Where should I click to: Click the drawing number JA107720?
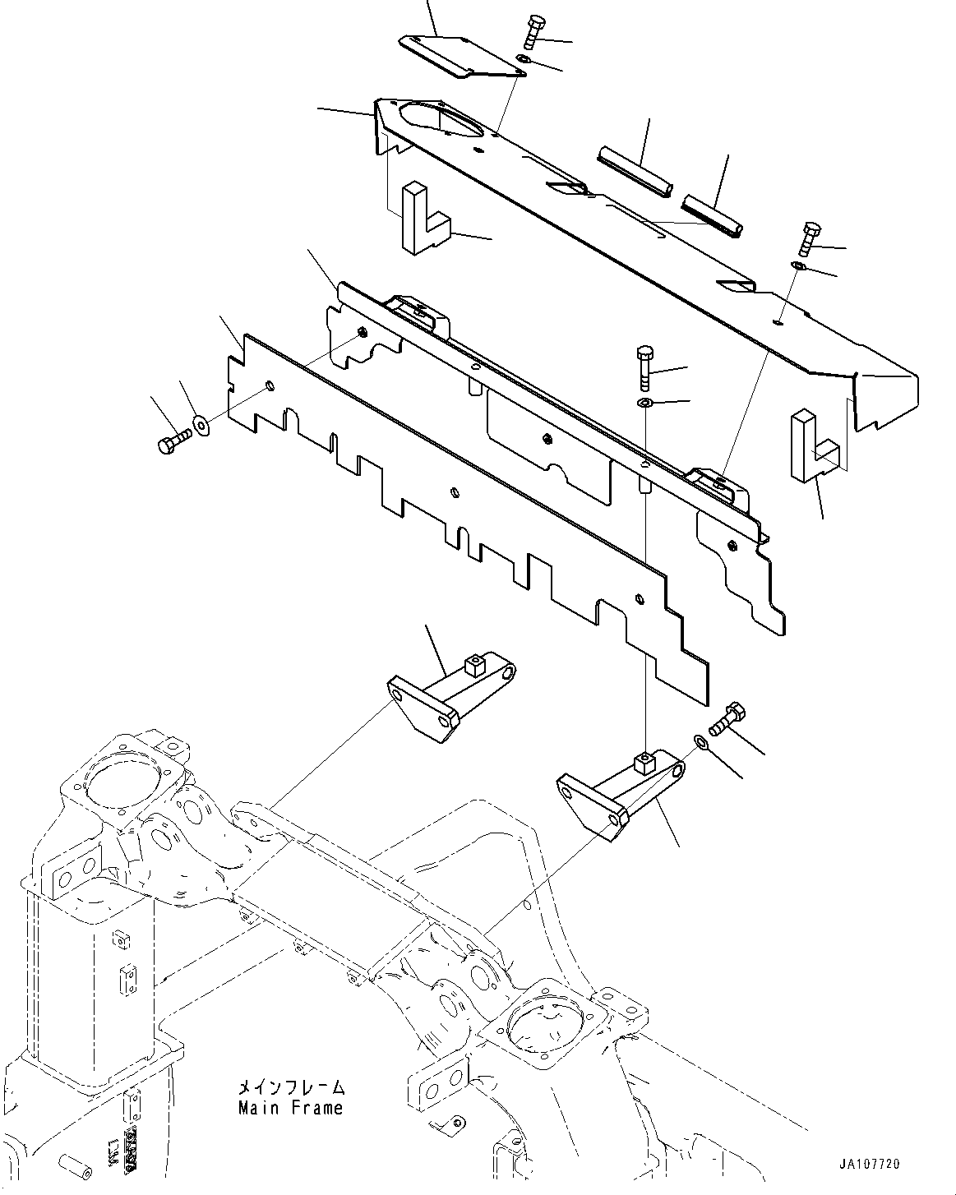(x=870, y=1164)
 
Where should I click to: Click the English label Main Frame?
(x=290, y=1108)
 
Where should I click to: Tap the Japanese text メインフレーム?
(x=290, y=1087)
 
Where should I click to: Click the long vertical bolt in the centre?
(x=644, y=369)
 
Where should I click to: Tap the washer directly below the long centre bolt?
(x=644, y=403)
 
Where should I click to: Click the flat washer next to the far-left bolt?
(x=201, y=426)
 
